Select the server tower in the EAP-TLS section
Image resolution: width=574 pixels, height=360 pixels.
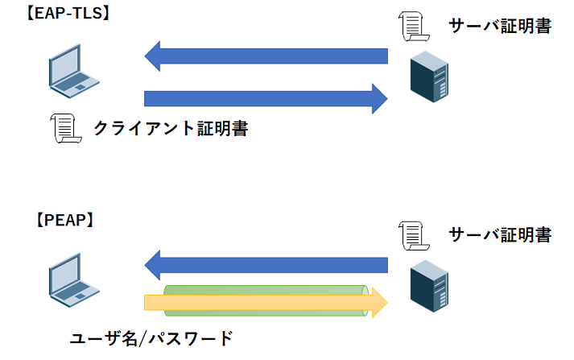[427, 77]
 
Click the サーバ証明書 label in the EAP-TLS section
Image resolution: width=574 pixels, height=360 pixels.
[499, 27]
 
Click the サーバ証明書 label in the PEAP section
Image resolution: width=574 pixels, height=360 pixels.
[499, 235]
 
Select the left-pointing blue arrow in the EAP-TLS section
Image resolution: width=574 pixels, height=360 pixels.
[266, 56]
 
